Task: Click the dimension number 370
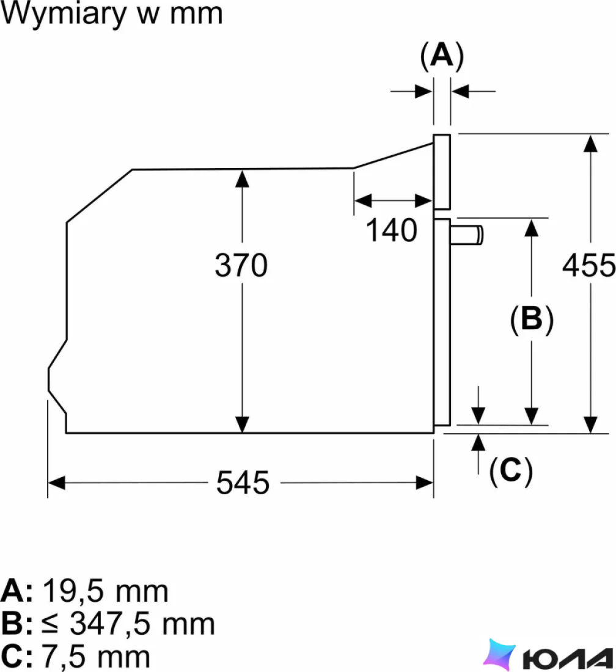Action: [x=241, y=265]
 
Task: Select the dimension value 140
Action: [x=391, y=230]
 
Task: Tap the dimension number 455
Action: [x=589, y=265]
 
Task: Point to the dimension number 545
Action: [x=243, y=483]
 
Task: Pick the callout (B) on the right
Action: [x=532, y=320]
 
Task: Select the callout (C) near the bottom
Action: [x=511, y=470]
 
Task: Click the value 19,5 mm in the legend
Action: [x=106, y=591]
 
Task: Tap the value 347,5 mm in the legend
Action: [x=142, y=624]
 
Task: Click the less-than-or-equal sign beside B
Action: [x=50, y=624]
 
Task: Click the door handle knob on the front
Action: [x=466, y=235]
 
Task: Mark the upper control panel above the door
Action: [x=442, y=172]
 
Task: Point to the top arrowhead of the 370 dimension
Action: [x=242, y=178]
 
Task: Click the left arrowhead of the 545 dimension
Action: [x=56, y=483]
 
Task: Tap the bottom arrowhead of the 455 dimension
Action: [x=591, y=425]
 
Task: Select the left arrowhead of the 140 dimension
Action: [x=362, y=200]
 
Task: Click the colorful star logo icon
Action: [x=500, y=654]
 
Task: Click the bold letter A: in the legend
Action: [x=16, y=591]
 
